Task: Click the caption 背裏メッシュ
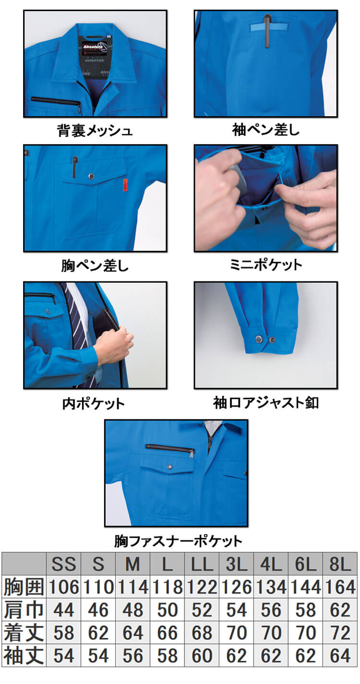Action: [95, 130]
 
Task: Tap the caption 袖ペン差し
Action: [266, 130]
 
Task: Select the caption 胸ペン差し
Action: [95, 266]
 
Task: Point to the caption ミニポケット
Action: [266, 265]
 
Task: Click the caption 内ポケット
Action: [94, 403]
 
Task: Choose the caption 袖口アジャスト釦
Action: [266, 403]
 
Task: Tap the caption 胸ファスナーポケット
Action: [178, 541]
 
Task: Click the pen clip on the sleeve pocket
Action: [267, 31]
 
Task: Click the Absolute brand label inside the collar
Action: [95, 49]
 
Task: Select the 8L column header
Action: [340, 564]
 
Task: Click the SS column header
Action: [63, 564]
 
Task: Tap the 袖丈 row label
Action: [24, 656]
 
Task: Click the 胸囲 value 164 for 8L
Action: [340, 587]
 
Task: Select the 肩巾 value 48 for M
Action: [132, 610]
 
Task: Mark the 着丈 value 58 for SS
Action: [63, 633]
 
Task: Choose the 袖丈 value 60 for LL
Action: [202, 656]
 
